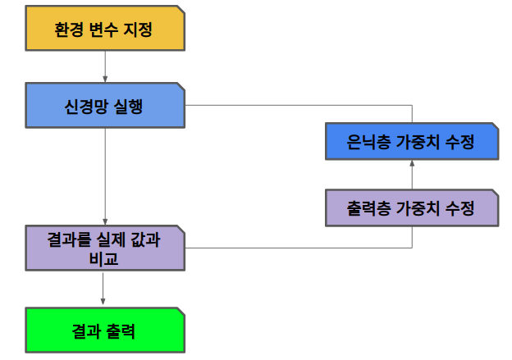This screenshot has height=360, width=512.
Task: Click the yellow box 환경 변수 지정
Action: [104, 28]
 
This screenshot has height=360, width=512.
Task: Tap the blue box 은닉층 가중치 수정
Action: [411, 141]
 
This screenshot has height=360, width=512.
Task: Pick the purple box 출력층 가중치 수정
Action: [411, 208]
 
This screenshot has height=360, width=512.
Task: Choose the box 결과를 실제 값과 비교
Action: [104, 248]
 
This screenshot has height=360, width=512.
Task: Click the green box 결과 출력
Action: [104, 330]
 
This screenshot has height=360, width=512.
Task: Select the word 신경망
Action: [83, 107]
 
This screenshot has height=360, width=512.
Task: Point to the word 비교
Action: [104, 258]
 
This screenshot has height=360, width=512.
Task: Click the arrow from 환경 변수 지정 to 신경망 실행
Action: [105, 66]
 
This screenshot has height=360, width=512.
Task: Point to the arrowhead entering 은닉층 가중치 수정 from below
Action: [412, 163]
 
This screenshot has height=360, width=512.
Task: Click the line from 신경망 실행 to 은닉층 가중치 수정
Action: [328, 106]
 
